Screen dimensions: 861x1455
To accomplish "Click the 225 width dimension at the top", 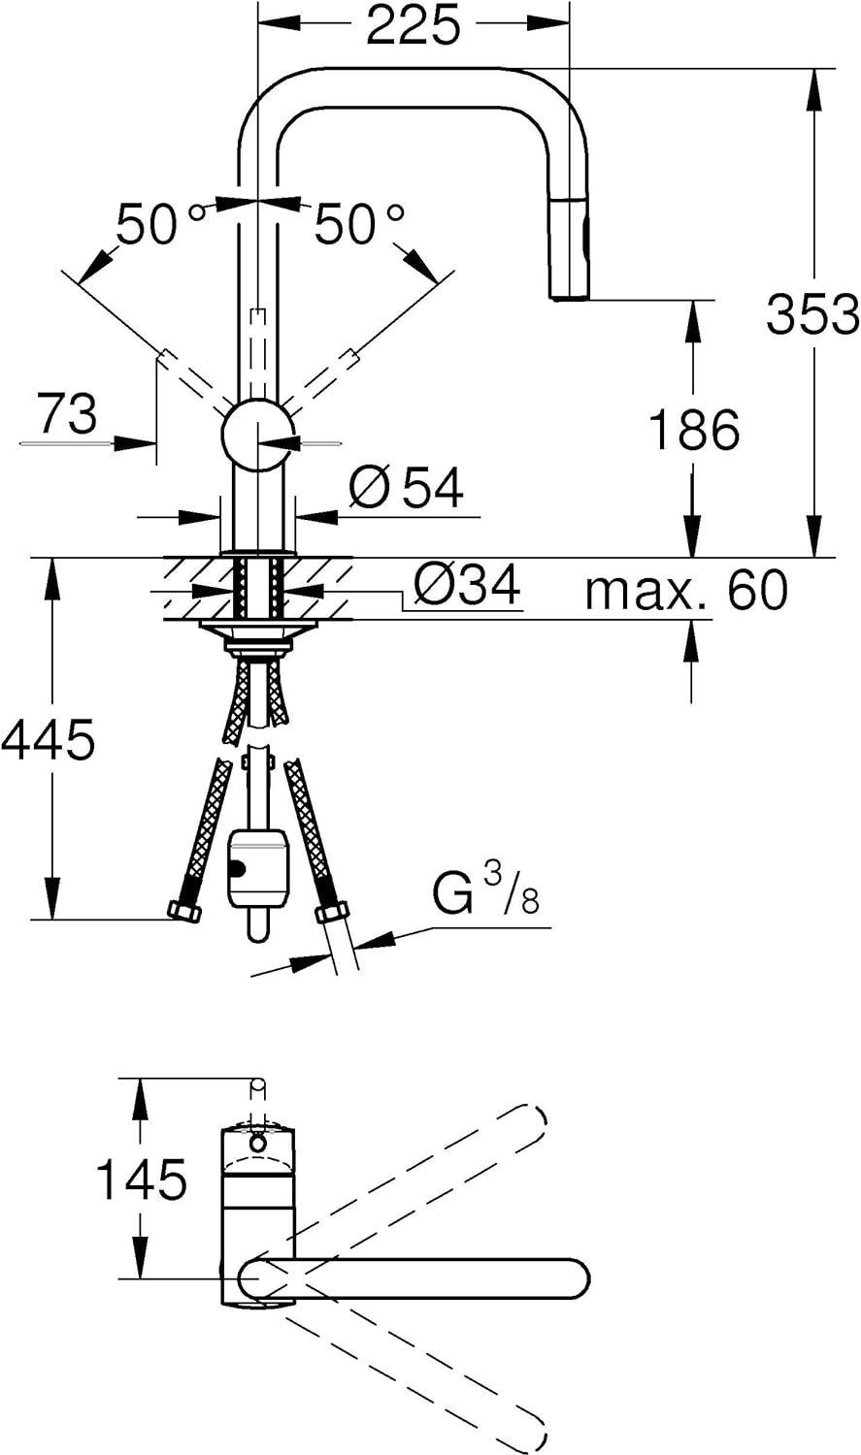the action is click(413, 25).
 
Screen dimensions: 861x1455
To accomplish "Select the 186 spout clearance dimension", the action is click(694, 429).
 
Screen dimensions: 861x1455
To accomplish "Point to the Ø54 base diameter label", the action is click(406, 487).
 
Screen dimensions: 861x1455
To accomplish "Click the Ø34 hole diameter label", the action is click(467, 585).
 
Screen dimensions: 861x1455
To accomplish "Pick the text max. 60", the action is click(686, 590).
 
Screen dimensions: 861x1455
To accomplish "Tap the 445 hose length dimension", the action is click(49, 739).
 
